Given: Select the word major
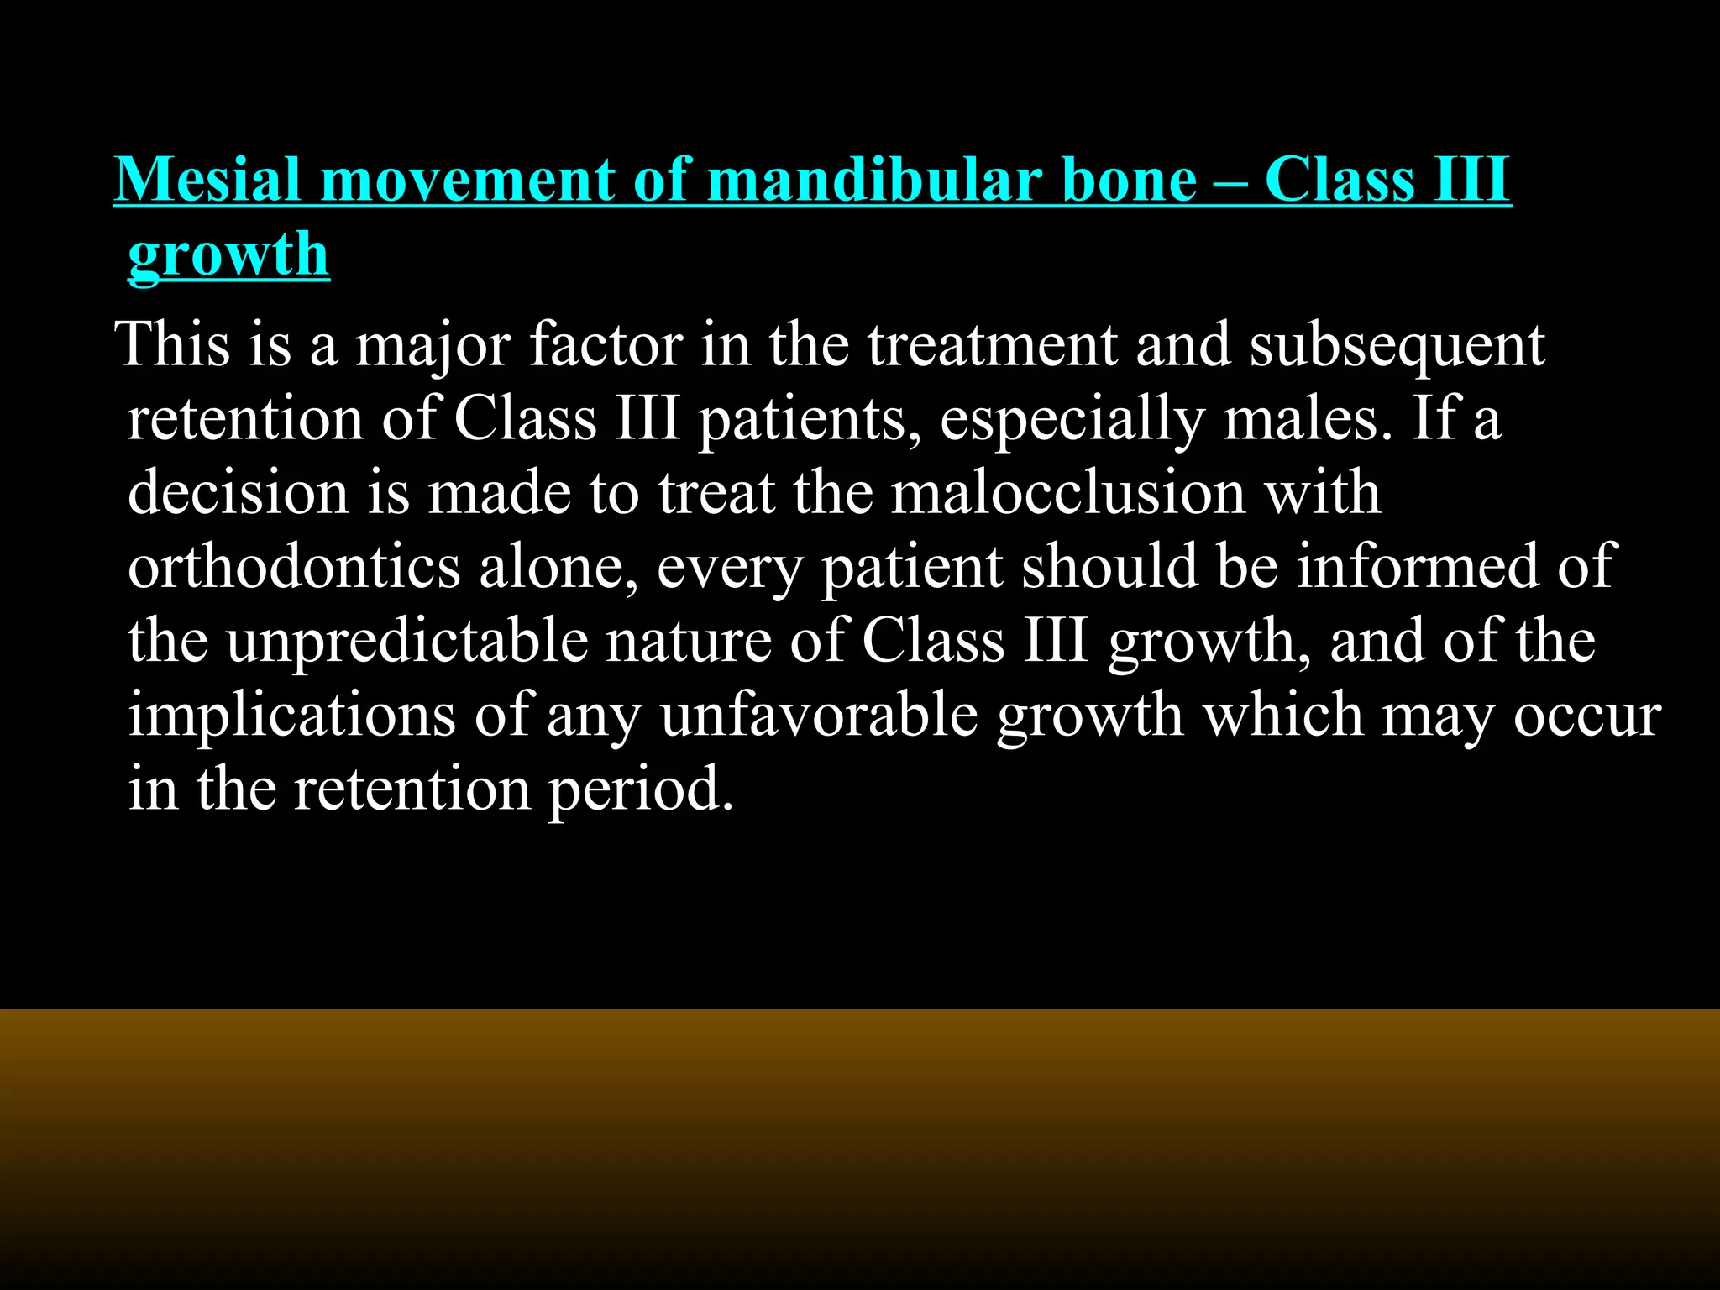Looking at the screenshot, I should [433, 346].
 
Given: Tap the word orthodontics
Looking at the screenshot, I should [294, 566].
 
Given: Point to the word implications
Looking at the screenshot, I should [291, 716].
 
